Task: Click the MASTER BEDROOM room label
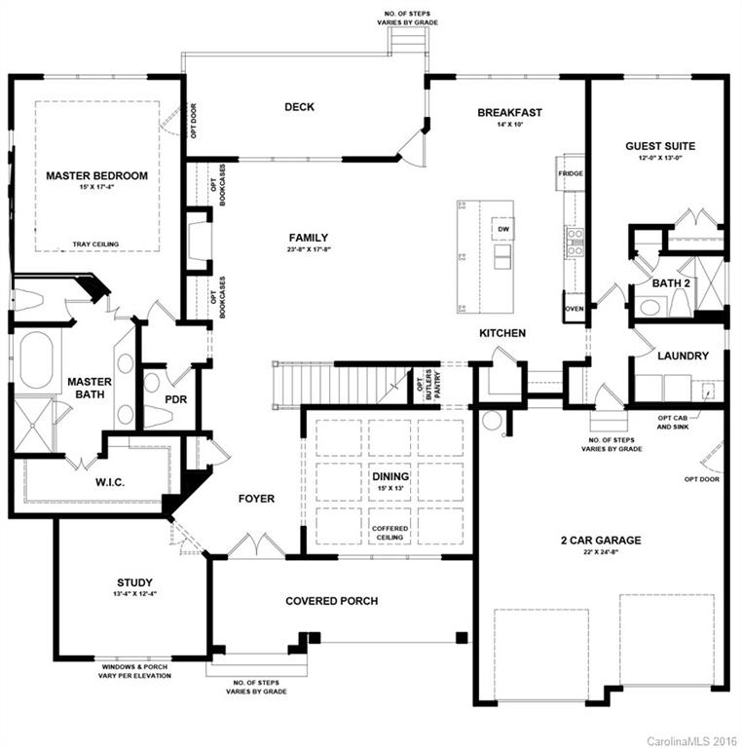[x=97, y=175]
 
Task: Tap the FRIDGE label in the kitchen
[x=571, y=173]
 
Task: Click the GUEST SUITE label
[x=659, y=146]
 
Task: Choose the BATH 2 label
[x=671, y=283]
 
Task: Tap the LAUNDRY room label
[x=683, y=356]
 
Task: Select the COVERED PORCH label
[x=331, y=601]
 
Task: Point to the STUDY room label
[x=134, y=582]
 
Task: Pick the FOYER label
[x=256, y=499]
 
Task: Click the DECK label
[x=299, y=107]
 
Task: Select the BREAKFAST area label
[x=509, y=113]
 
